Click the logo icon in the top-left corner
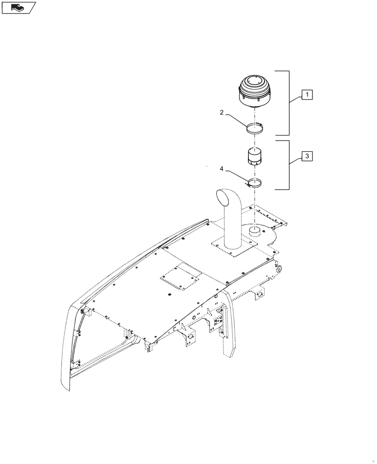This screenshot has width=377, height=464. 19,7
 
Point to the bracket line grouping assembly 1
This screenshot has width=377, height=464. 289,102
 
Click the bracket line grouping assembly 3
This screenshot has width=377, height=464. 289,165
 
